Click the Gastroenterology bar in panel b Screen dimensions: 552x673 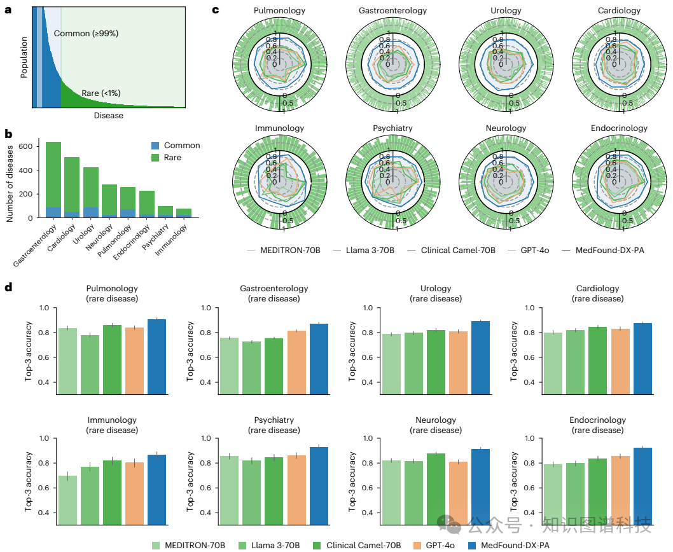pyautogui.click(x=53, y=178)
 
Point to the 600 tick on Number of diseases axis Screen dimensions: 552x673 pyautogui.click(x=25, y=146)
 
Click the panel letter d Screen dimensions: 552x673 pyautogui.click(x=8, y=287)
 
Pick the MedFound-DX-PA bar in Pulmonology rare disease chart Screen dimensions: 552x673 pyautogui.click(x=156, y=356)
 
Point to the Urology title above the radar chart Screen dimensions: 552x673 pyautogui.click(x=506, y=11)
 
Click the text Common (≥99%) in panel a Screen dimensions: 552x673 pyautogui.click(x=86, y=33)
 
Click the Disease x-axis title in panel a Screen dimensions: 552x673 pyautogui.click(x=108, y=116)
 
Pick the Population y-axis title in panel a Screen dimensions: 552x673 pyautogui.click(x=24, y=57)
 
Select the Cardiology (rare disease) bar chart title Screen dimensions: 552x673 pyautogui.click(x=597, y=293)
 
